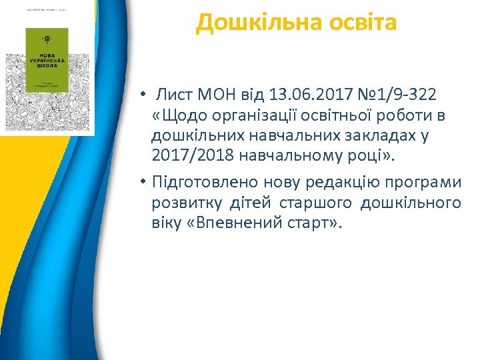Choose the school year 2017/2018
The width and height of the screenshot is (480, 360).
tap(191, 156)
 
